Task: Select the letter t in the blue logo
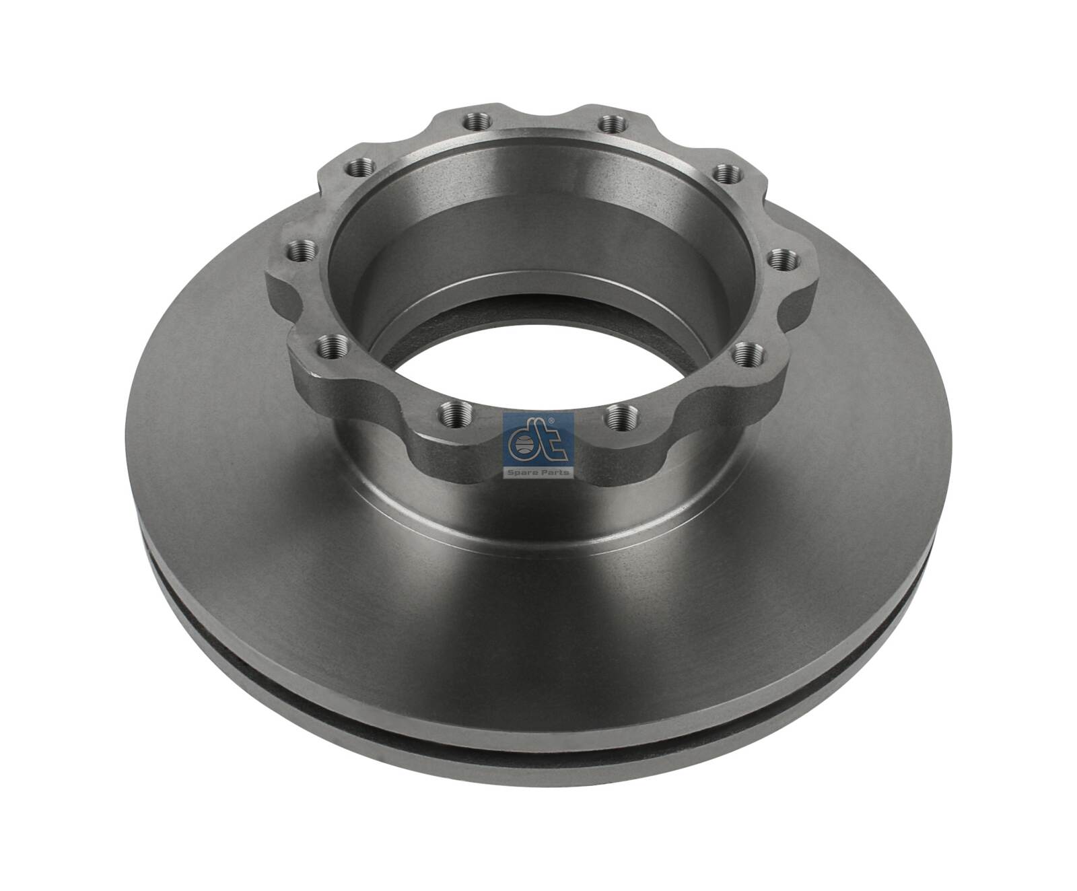point(544,441)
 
